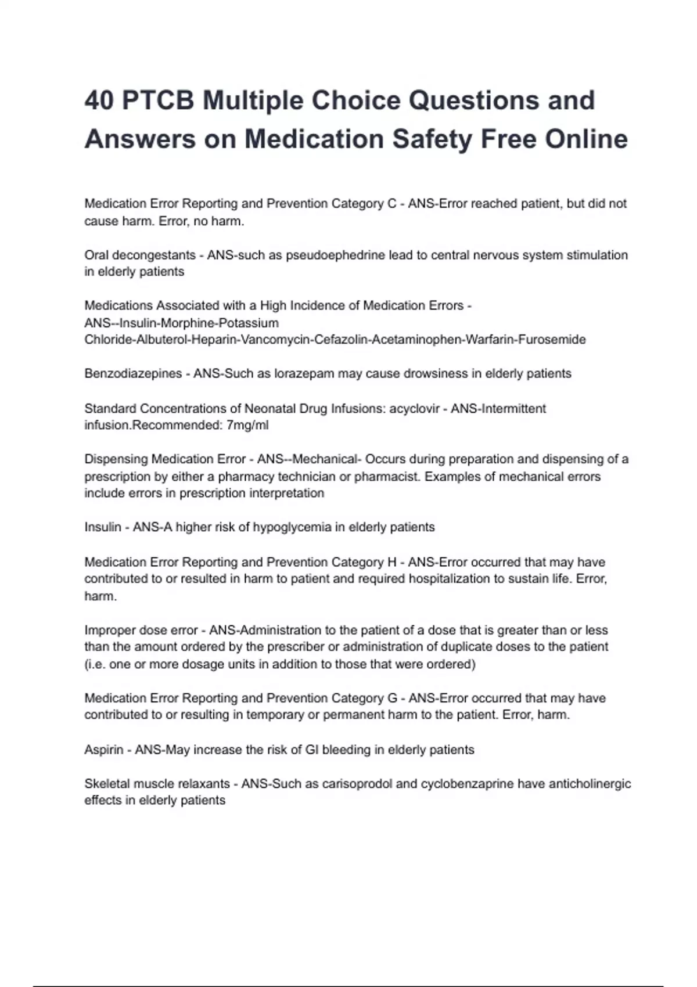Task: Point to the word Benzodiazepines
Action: click(133, 373)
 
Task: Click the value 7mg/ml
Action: click(247, 425)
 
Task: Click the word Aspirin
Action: click(104, 750)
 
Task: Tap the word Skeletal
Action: click(107, 784)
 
